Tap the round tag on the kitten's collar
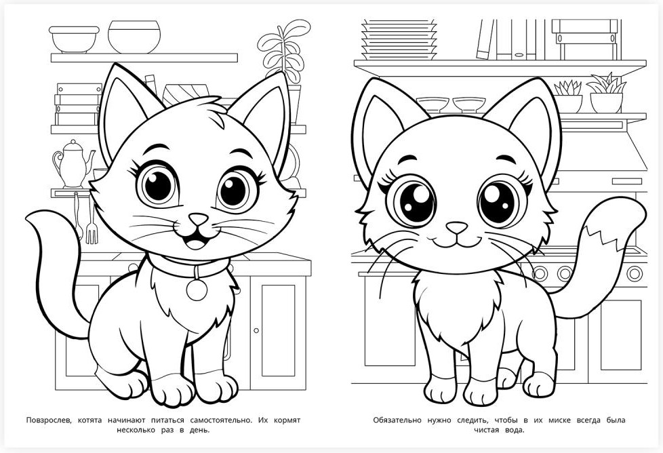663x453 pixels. point(197,290)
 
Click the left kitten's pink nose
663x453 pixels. point(198,219)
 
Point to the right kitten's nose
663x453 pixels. point(457,228)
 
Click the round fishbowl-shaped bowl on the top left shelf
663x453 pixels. point(134,37)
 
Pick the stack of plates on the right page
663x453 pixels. point(399,39)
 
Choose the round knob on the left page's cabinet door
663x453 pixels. point(256,330)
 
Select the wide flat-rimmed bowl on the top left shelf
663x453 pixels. point(74,39)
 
